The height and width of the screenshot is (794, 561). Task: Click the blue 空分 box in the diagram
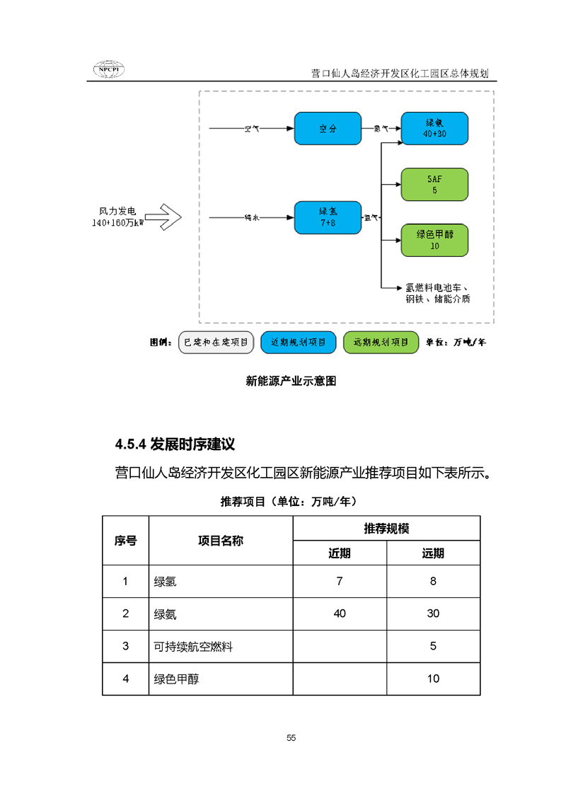[328, 129]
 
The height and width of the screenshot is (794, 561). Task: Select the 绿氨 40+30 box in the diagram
[434, 129]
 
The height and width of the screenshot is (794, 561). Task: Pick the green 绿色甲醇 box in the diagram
[434, 241]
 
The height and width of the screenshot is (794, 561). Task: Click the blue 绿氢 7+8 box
[328, 216]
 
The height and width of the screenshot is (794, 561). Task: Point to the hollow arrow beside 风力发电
[163, 217]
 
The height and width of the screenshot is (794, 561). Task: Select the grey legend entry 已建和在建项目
[215, 343]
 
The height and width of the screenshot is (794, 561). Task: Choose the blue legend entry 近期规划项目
[298, 343]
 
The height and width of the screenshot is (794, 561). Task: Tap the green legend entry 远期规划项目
[380, 343]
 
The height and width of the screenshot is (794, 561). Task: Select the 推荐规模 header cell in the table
[386, 529]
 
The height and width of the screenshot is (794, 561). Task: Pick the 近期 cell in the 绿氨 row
[340, 614]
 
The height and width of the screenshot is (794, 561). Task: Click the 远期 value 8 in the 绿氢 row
[433, 582]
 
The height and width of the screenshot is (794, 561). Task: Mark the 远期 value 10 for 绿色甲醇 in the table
[433, 679]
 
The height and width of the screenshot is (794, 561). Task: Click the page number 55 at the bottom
[291, 738]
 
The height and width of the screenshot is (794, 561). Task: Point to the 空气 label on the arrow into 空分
[252, 129]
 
